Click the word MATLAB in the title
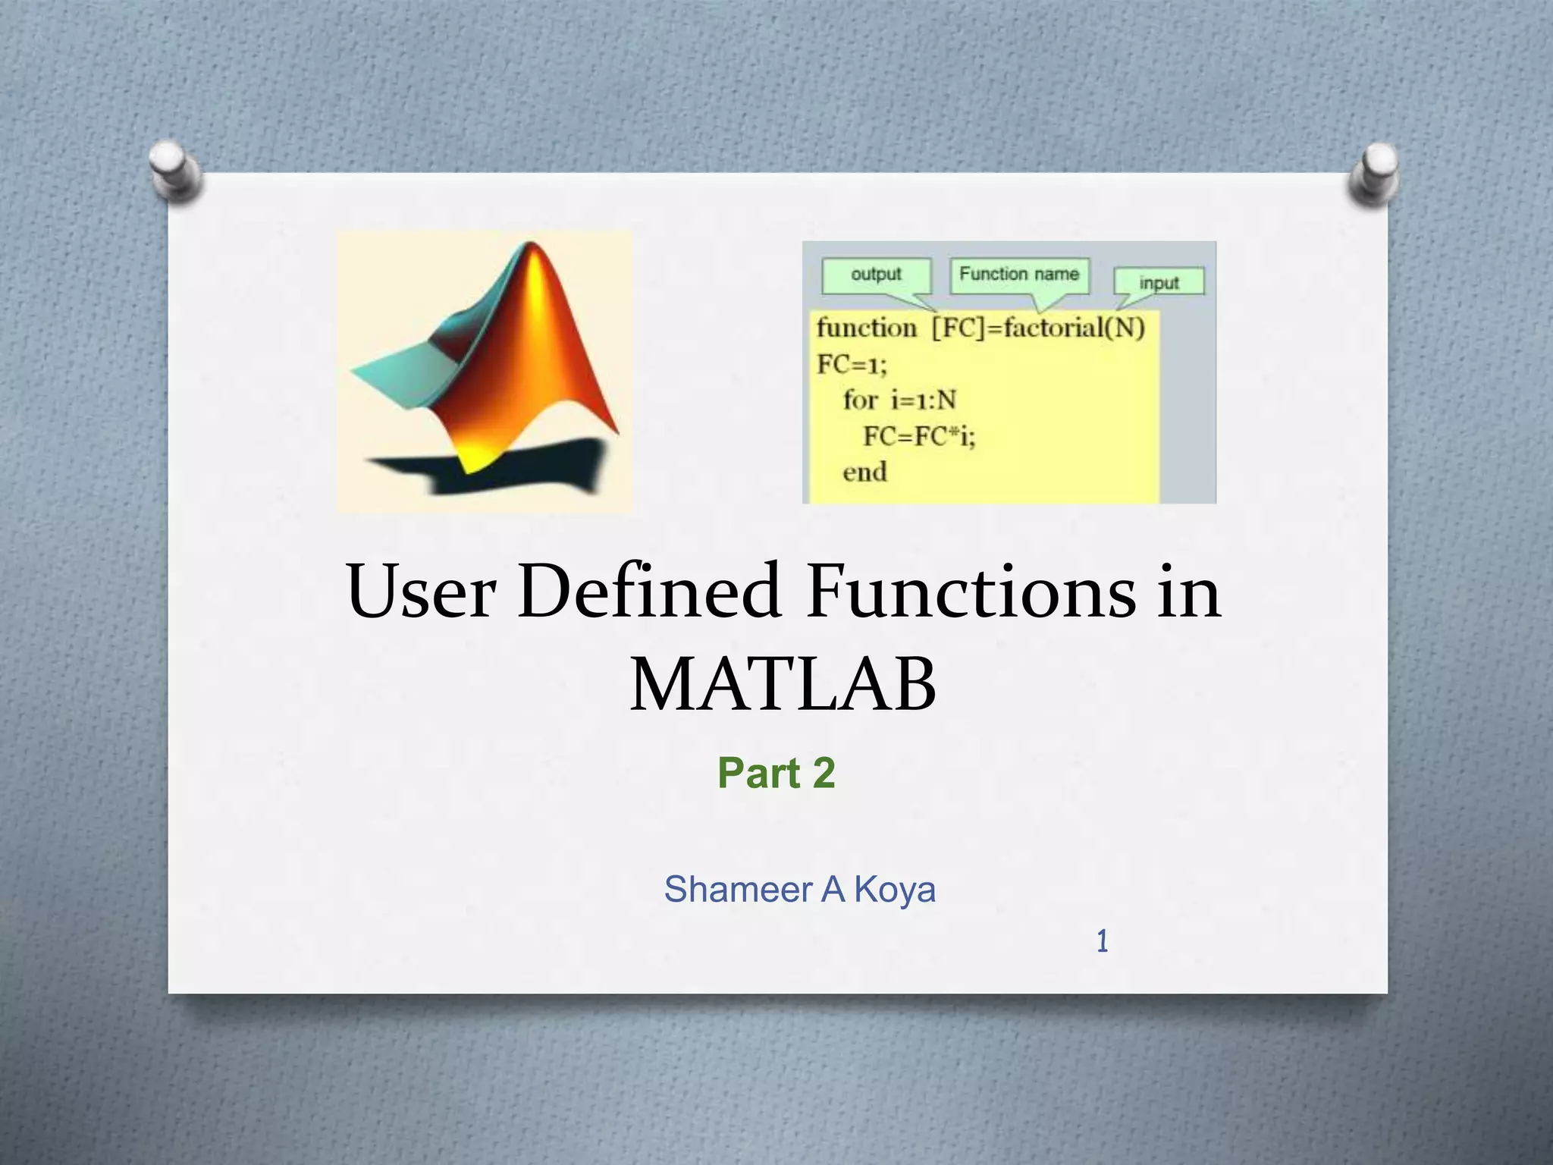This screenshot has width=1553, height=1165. tap(783, 685)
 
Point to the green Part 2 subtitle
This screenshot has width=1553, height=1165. tap(776, 774)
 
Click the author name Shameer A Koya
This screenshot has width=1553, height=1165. tap(799, 890)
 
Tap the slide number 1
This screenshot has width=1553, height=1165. tap(1102, 942)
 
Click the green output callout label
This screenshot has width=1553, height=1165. tap(876, 275)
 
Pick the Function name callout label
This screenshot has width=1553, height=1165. tap(1018, 275)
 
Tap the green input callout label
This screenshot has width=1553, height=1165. tap(1158, 283)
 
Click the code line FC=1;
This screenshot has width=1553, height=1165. tap(851, 365)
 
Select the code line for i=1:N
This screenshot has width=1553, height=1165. tap(899, 400)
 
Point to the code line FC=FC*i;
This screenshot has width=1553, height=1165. tap(918, 437)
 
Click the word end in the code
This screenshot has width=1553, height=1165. tap(864, 473)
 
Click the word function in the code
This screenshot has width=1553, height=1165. tap(866, 328)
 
